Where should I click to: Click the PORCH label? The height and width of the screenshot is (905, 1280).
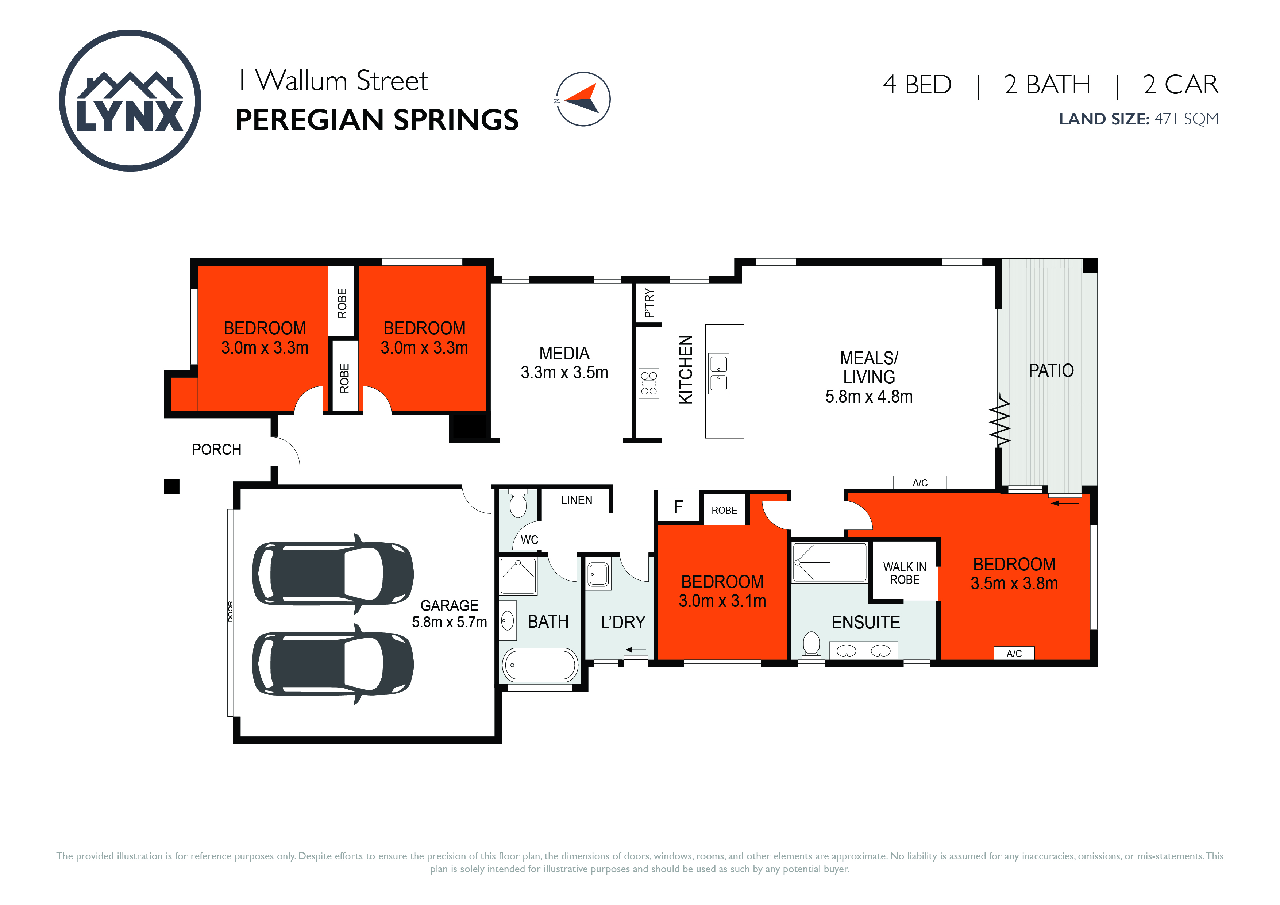[216, 450]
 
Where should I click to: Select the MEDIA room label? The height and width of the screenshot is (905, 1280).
[564, 354]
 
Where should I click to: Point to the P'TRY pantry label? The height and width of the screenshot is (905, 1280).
[649, 303]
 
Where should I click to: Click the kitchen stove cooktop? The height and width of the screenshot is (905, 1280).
[649, 384]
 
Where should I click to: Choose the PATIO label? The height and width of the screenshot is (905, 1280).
[1051, 370]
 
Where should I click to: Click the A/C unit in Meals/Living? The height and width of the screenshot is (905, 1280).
[920, 482]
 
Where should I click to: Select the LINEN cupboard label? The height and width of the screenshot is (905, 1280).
[577, 500]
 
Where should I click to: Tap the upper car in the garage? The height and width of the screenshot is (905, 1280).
[333, 573]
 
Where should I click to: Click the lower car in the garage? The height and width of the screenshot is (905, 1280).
[333, 664]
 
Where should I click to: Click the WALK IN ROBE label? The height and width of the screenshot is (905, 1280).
[904, 573]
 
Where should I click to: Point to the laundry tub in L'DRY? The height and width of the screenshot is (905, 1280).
[598, 574]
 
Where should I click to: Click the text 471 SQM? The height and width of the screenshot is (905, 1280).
[1186, 119]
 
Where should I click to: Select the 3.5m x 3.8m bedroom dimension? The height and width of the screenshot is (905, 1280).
[1014, 583]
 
